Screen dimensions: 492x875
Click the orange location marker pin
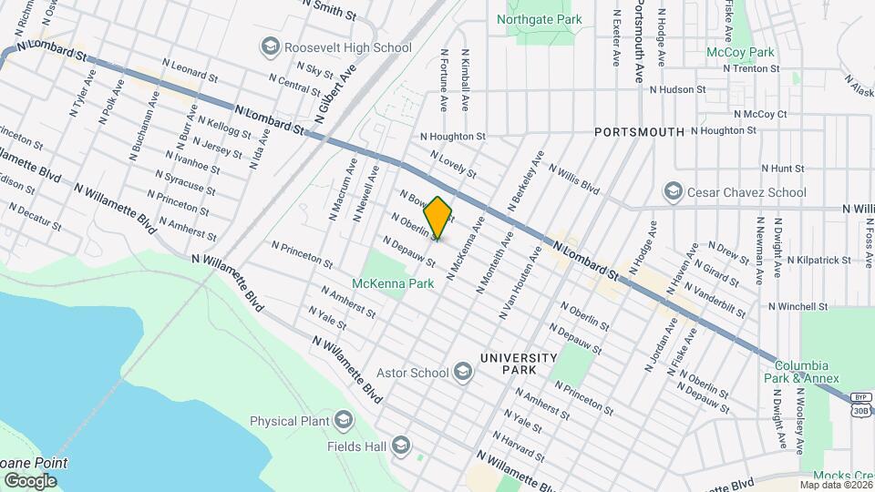[x=437, y=218]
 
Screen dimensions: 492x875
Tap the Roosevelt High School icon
[x=270, y=46]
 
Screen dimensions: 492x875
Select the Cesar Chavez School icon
[x=674, y=191]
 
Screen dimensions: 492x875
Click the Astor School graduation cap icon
[x=464, y=372]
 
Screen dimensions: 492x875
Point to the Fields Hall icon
[x=401, y=446]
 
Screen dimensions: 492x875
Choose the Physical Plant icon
[x=344, y=420]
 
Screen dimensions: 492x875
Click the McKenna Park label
[x=394, y=284]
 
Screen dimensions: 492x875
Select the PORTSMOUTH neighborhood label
[x=639, y=132]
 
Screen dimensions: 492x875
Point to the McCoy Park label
[x=740, y=52]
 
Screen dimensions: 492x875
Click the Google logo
[x=30, y=480]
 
